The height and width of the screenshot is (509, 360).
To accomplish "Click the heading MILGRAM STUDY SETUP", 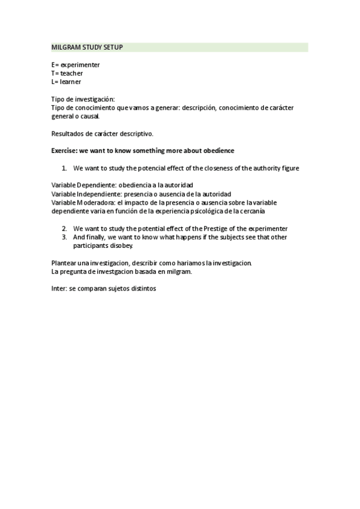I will tap(87, 47).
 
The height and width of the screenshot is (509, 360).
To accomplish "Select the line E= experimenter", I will tap(76, 64).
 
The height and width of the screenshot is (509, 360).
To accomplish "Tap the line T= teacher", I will tap(67, 73).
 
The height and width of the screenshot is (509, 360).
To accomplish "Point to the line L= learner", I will tap(66, 82).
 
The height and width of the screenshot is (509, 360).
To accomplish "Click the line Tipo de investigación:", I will tap(83, 99).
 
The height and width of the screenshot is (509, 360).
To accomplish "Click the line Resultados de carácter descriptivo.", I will tap(102, 134).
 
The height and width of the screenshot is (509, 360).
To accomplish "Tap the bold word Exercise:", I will tap(65, 151).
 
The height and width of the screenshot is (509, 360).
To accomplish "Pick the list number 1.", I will tap(64, 168).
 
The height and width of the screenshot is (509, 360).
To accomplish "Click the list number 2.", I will tap(64, 229).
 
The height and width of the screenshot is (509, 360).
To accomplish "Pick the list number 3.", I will tap(64, 237).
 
